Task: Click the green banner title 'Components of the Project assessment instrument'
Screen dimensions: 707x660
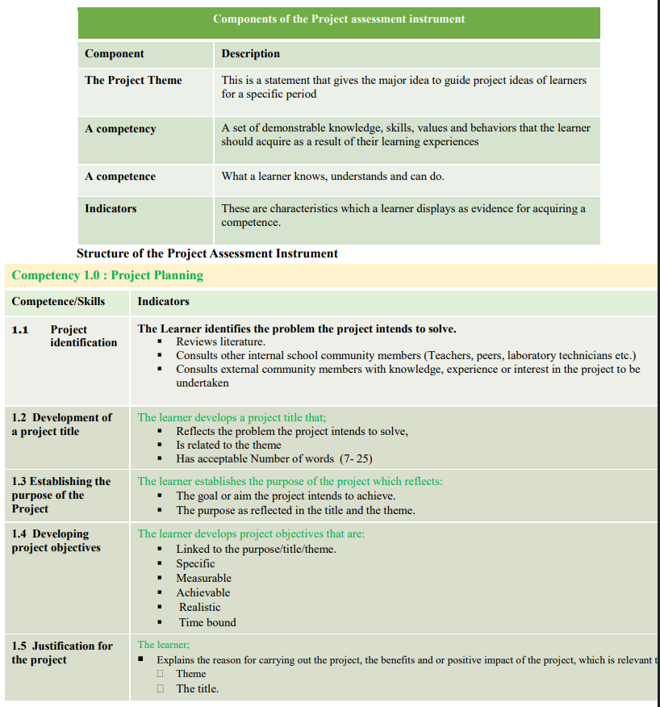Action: (x=339, y=19)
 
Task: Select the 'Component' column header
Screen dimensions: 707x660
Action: (x=114, y=54)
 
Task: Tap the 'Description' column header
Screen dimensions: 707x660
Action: (x=251, y=54)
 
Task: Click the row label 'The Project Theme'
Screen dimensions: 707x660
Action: (x=133, y=81)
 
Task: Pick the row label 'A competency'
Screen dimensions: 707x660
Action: (x=120, y=129)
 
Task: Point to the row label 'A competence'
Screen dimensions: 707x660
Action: (x=120, y=177)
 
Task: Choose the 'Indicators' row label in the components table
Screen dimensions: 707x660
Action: (x=111, y=209)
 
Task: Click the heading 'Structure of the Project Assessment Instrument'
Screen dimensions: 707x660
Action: (x=207, y=253)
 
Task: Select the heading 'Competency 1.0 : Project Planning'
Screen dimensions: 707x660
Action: (x=107, y=275)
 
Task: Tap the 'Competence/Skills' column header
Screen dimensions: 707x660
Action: (x=58, y=302)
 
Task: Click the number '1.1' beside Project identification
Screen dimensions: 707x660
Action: (x=20, y=330)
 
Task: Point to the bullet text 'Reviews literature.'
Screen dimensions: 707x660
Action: (x=220, y=342)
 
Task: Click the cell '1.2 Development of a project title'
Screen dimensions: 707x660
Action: (x=61, y=425)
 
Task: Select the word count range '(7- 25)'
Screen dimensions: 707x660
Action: (x=356, y=458)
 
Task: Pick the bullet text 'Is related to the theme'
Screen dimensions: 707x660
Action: (x=228, y=445)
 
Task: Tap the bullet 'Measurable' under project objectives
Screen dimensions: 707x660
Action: (x=203, y=578)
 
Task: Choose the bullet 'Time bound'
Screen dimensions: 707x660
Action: (x=207, y=622)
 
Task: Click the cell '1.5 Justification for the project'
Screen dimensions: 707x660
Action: (x=62, y=653)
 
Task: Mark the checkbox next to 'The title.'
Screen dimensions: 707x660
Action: (x=161, y=688)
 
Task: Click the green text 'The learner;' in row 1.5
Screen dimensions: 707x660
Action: (x=164, y=645)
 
